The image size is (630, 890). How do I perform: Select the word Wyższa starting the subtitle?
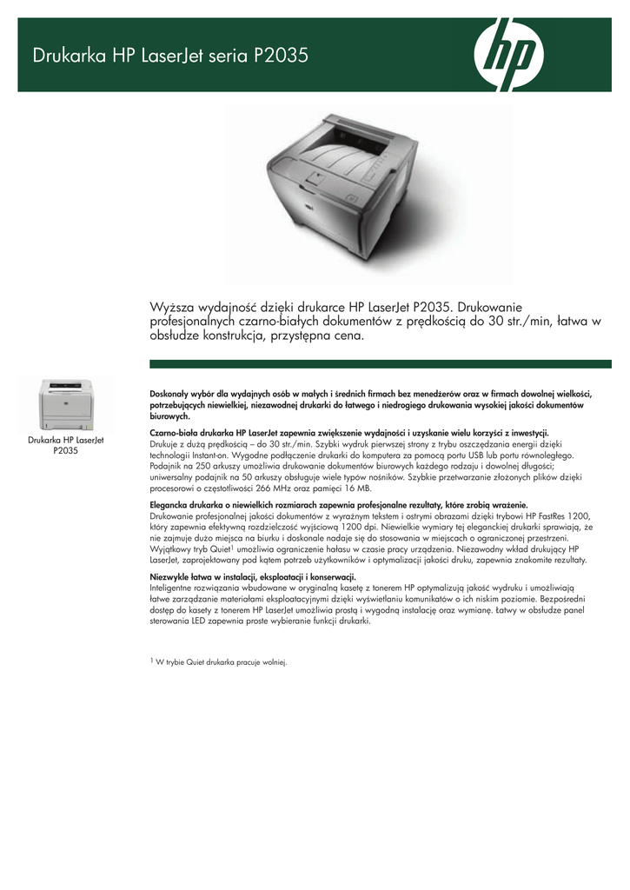174,307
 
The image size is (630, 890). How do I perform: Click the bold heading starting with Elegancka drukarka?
340,504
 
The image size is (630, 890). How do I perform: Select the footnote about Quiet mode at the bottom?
219,662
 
